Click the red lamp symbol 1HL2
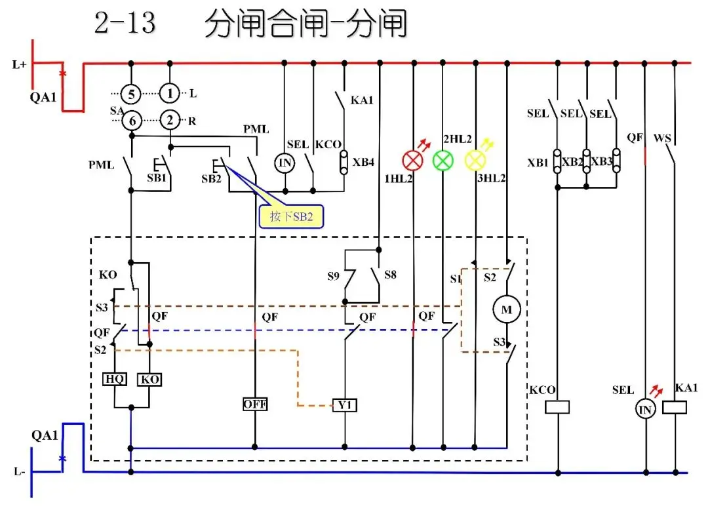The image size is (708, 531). coord(412,159)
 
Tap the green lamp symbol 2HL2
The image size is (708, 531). coord(444,159)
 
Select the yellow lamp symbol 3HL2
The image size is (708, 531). coord(475,159)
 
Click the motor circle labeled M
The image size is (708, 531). coord(506,309)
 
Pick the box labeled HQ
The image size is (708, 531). coord(115,379)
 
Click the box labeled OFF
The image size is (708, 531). coord(254,404)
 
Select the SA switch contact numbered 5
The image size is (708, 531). coord(131,94)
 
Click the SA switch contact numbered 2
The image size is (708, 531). coord(170,119)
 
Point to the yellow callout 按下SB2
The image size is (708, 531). coord(292,216)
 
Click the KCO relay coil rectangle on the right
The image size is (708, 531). coord(558,407)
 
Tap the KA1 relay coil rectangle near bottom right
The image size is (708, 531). coord(675,407)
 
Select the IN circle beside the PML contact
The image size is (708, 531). coord(285,162)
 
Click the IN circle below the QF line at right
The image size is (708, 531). coord(646,410)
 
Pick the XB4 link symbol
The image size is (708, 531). coord(344,162)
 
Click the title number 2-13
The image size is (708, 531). coord(125,24)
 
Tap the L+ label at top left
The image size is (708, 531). coord(20,64)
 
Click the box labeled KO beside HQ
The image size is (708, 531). coord(150,379)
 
